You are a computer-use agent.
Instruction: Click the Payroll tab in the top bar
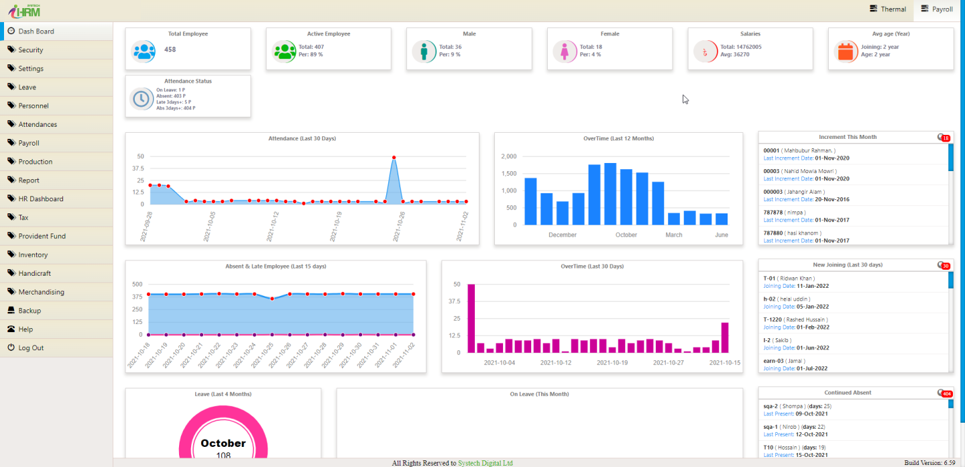tap(937, 9)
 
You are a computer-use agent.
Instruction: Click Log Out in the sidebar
tap(31, 348)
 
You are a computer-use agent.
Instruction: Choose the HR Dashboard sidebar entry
tap(40, 199)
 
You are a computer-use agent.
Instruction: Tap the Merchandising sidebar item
tap(41, 292)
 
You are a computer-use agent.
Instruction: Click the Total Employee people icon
tap(143, 51)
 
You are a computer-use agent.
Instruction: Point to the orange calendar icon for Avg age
tap(846, 51)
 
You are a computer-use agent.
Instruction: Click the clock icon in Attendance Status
tap(141, 99)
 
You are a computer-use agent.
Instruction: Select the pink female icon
tap(565, 51)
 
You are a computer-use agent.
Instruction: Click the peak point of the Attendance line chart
tap(394, 158)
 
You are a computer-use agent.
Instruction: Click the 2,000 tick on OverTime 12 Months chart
tap(508, 156)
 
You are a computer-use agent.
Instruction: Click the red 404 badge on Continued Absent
tap(947, 393)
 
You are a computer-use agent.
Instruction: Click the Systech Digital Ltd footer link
tap(485, 463)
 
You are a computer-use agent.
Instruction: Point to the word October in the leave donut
tap(223, 444)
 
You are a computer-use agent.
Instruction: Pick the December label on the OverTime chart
tap(562, 235)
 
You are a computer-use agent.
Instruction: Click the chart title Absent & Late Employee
tap(276, 266)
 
